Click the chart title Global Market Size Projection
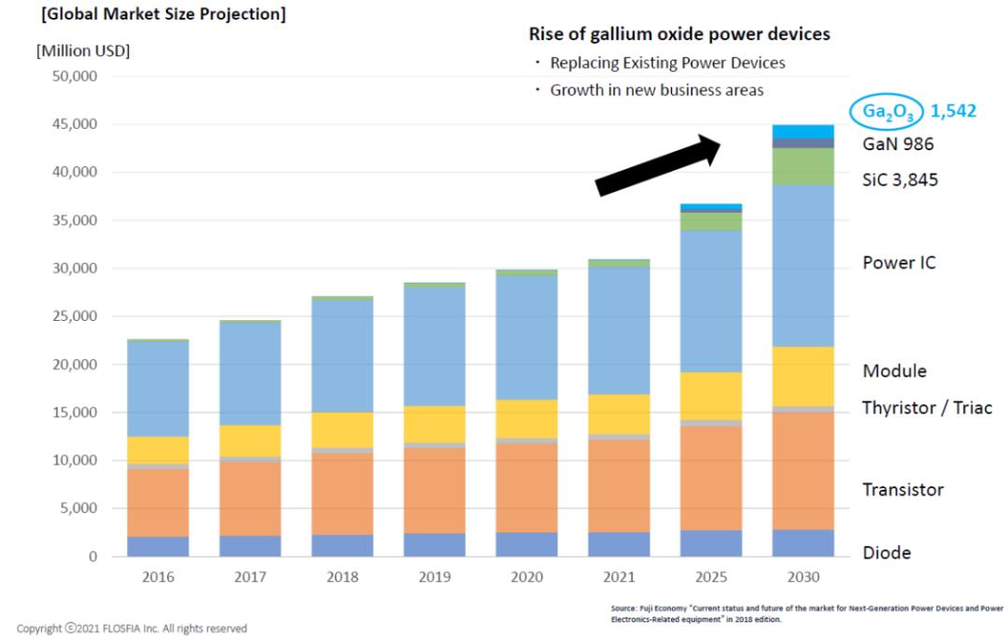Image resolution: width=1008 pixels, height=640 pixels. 150,15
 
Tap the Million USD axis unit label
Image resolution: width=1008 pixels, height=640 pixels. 83,50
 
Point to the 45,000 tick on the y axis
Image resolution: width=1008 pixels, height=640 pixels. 72,124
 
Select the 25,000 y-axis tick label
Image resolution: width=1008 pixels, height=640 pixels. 72,316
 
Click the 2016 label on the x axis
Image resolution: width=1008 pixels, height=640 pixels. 158,577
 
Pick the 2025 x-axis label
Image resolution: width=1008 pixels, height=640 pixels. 710,577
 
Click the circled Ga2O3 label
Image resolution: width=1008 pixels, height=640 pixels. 886,112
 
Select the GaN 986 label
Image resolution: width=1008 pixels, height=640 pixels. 898,144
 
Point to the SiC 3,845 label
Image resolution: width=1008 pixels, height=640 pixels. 901,179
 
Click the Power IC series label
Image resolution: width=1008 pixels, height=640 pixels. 899,263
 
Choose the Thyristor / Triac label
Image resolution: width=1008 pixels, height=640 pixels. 927,408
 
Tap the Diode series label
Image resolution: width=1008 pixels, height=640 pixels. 886,552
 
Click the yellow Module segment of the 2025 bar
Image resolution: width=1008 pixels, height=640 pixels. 710,396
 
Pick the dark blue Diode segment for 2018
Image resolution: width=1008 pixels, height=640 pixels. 342,545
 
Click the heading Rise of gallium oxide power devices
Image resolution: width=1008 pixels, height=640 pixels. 679,35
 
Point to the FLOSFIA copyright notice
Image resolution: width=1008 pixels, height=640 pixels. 132,628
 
